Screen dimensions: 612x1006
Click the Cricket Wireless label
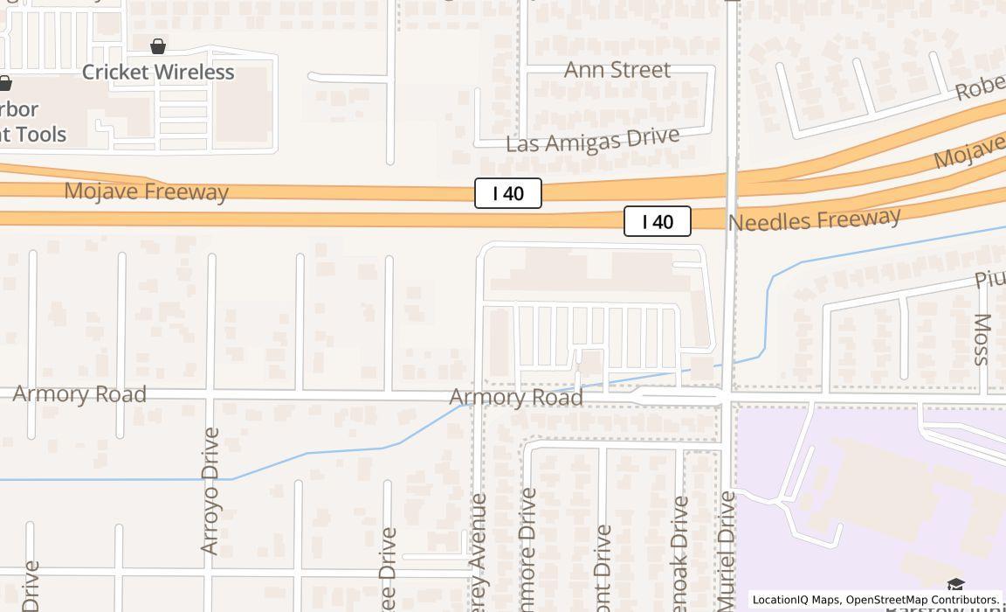[158, 72]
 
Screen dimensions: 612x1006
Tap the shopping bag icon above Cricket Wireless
[158, 46]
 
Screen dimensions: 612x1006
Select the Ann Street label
[617, 70]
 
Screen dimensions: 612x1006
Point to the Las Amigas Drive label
[592, 141]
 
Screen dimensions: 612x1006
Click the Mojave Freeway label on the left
[146, 191]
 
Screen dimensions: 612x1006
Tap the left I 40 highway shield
[508, 193]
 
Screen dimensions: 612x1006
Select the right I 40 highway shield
[658, 221]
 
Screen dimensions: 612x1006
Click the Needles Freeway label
[814, 219]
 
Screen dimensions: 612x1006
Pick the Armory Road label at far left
[79, 394]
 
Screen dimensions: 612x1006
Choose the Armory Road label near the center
[516, 398]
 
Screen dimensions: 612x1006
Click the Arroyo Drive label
[210, 490]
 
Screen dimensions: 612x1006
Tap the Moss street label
[982, 339]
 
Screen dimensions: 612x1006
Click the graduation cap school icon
[955, 585]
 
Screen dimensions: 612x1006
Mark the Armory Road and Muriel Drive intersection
[728, 398]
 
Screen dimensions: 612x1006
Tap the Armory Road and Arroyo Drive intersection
[210, 400]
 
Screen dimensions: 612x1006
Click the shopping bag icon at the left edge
[4, 84]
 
